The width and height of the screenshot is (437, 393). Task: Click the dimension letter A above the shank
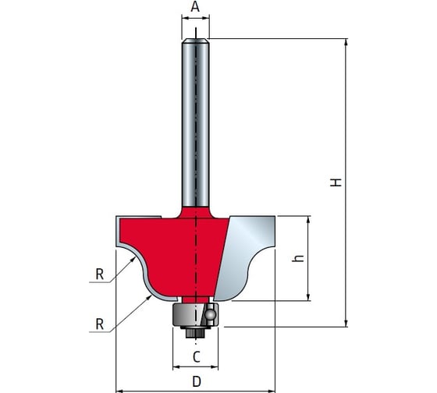pos(195,7)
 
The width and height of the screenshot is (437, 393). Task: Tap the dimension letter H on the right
pos(336,182)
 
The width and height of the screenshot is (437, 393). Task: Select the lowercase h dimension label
pos(298,258)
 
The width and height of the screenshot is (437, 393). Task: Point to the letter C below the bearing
pos(197,357)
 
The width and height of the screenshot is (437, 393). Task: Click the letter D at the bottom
pos(197,381)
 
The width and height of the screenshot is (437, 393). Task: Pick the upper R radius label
pos(100,274)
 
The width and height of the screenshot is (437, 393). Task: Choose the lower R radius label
pos(100,324)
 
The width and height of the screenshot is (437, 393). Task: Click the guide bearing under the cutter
pos(195,315)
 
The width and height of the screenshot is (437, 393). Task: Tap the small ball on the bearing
pos(210,315)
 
